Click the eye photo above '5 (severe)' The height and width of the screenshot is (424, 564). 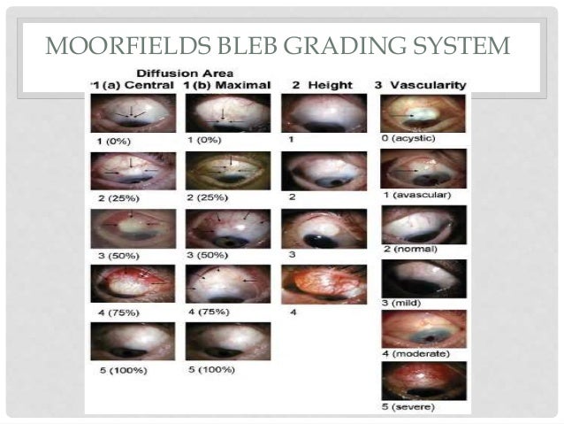coord(411,381)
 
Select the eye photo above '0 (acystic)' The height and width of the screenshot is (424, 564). coord(411,112)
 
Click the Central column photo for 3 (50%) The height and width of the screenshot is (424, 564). coord(133,227)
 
